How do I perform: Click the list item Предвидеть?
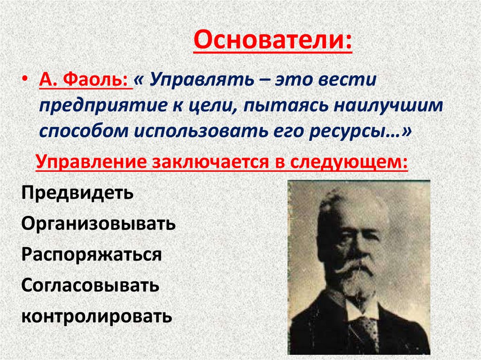pos(78,193)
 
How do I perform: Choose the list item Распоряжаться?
pos(92,255)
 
